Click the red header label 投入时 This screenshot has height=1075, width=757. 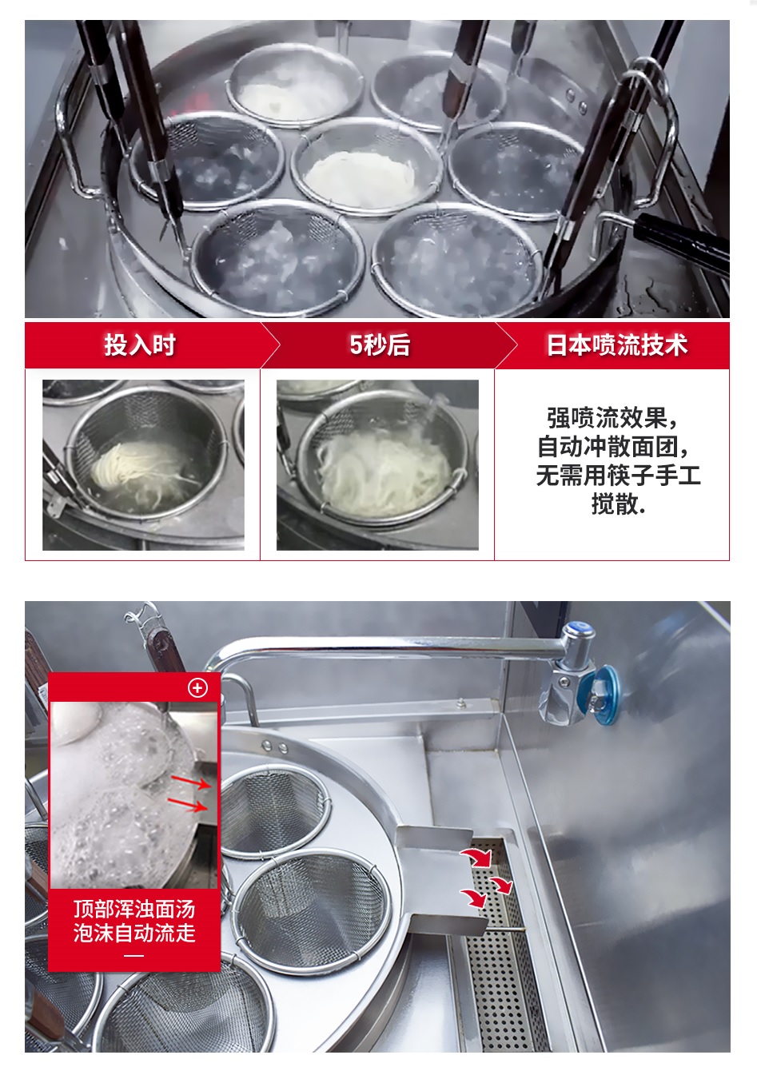140,344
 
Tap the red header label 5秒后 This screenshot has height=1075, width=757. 379,344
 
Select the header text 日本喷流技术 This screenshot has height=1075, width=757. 617,344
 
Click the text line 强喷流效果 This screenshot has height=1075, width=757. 612,419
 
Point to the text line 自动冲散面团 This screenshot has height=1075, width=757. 613,447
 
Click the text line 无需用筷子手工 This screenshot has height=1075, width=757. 618,475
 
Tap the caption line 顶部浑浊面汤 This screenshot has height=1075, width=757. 134,910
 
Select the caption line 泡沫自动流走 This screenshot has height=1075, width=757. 134,934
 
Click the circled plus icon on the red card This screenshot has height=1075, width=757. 197,687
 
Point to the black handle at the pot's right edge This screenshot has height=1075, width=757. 681,245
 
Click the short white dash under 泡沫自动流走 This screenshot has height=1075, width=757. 134,955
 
